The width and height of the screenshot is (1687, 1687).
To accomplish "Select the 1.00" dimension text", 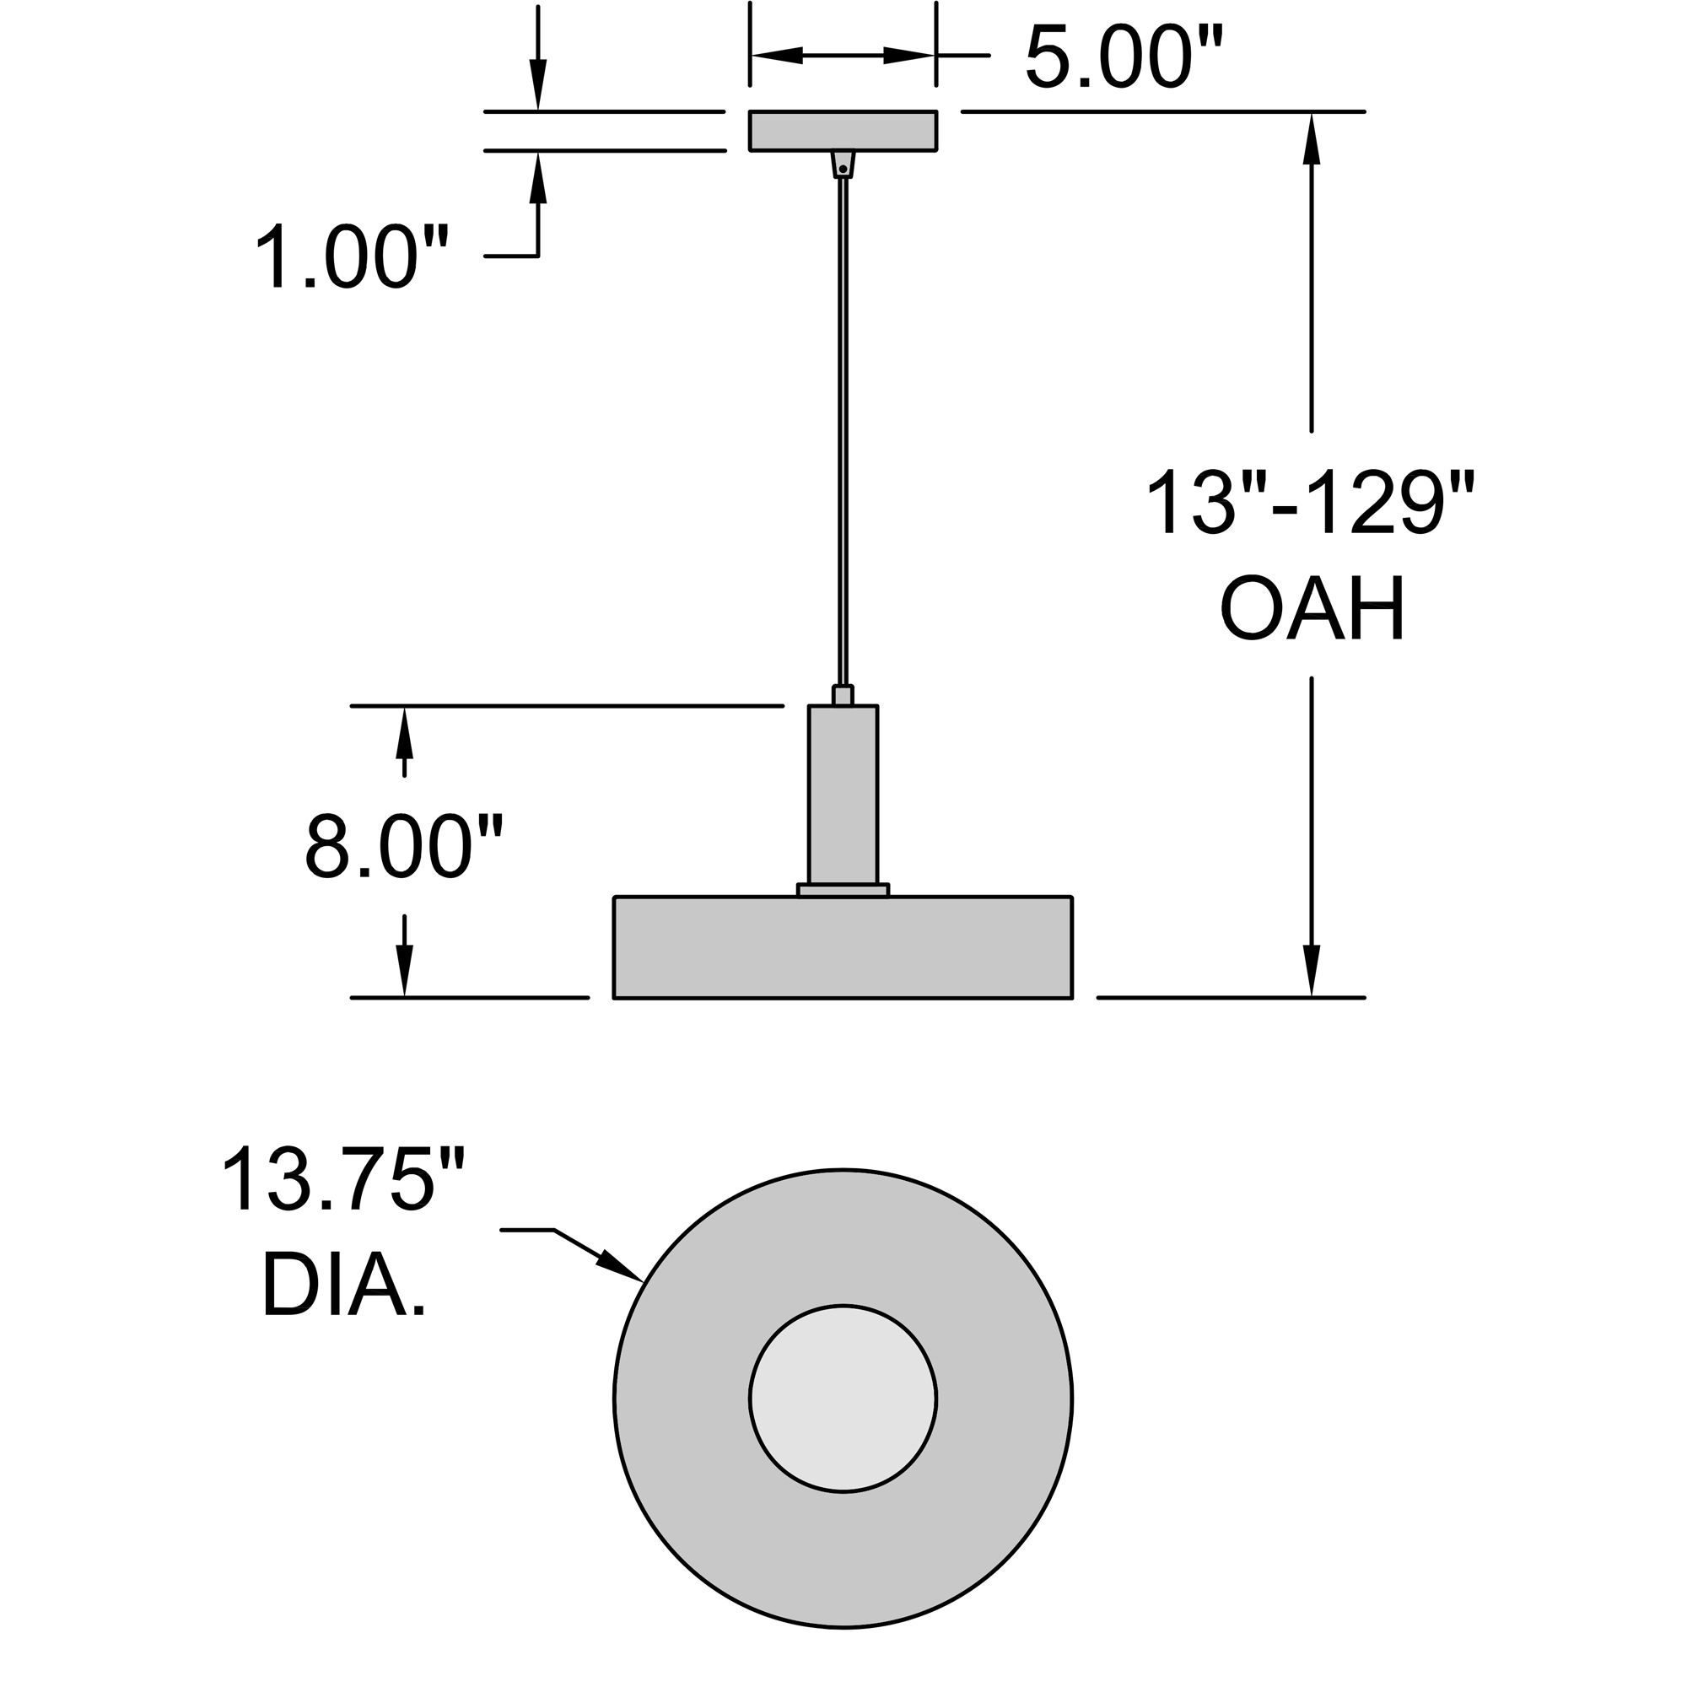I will coord(351,257).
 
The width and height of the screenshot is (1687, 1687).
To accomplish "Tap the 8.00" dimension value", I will coord(403,847).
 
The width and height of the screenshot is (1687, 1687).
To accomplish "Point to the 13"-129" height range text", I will coord(1310,504).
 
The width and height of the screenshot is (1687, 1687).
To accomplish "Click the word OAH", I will coord(1312,609).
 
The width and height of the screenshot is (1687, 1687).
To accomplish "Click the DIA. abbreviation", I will coord(343,1286).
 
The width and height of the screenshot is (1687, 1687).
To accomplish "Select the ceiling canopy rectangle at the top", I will coord(843,131).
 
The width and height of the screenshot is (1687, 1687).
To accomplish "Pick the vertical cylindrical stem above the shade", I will coord(843,795).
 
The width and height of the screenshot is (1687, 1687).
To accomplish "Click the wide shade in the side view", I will coord(843,946).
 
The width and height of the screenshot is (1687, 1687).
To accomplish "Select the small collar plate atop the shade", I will coord(843,890).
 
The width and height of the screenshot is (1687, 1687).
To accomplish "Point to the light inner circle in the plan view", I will coord(843,1398).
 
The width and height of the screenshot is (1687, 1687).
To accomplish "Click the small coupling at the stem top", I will coord(843,695).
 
